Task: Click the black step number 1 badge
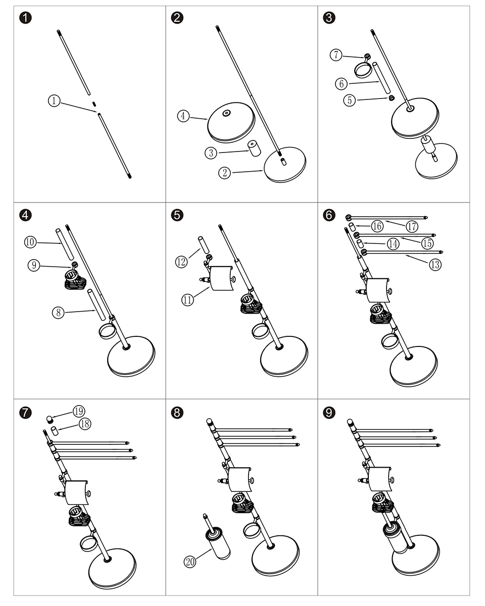[x=25, y=18]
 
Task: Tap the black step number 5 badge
[x=177, y=215]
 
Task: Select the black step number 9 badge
[x=329, y=413]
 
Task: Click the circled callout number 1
[x=54, y=102]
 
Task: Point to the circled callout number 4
[x=183, y=117]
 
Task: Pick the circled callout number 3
[x=211, y=152]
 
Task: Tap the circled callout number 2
[x=224, y=173]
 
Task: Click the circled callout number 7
[x=336, y=55]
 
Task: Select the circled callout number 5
[x=350, y=100]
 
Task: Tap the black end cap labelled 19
[x=50, y=419]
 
